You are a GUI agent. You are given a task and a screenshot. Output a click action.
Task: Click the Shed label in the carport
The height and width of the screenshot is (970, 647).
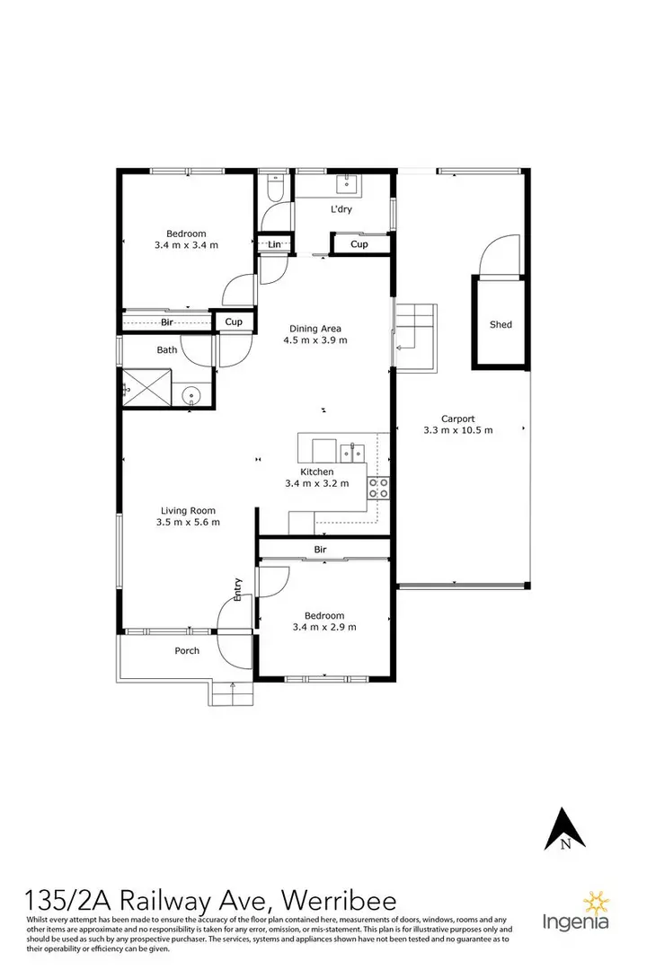point(501,324)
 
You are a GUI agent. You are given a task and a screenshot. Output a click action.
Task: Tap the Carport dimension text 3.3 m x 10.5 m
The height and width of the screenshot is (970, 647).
point(457,430)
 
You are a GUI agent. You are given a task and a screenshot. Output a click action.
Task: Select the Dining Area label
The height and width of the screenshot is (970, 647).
point(315,328)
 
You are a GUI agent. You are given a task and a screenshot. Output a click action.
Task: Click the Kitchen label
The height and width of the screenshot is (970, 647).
point(316,472)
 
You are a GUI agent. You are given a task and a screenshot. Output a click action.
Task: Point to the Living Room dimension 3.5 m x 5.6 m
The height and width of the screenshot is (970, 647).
point(188,522)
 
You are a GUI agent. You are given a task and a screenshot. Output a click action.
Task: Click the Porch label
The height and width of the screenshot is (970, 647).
point(187,651)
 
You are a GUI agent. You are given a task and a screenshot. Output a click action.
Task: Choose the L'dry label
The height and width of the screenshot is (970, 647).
point(341,209)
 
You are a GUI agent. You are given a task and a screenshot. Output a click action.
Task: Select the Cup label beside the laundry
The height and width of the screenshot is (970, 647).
point(359,244)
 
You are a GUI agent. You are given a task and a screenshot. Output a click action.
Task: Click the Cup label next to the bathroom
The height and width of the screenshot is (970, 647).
point(233,322)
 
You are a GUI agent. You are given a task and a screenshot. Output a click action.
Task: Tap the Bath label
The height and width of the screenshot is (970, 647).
point(167,349)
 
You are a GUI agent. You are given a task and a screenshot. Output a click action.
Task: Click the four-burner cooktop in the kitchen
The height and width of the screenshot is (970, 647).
point(377,488)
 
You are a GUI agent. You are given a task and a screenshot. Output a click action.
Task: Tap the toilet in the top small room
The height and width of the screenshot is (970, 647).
point(275,190)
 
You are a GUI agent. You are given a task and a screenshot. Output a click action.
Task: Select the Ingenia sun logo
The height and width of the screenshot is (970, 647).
point(594,902)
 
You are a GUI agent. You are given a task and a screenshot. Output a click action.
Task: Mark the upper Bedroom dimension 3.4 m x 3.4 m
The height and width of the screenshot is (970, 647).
point(186,244)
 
